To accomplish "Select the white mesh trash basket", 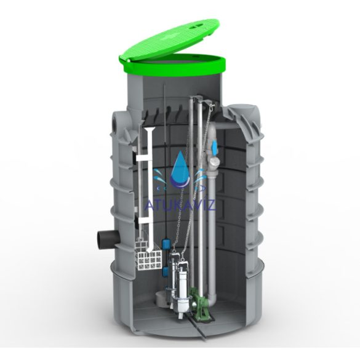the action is coord(150,255).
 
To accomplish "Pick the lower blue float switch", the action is coord(166,272).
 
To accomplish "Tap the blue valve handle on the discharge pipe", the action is coord(215,148).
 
